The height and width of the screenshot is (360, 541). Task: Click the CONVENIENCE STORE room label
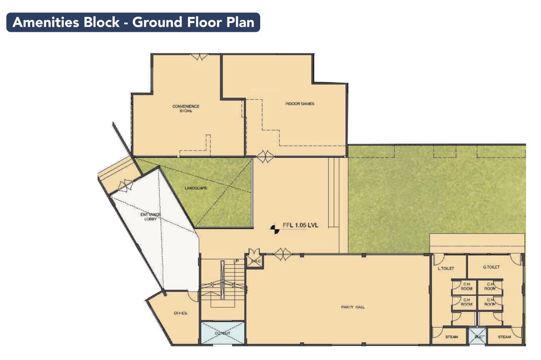182,109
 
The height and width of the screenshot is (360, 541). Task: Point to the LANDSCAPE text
196,188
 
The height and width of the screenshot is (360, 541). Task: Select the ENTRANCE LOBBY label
150,217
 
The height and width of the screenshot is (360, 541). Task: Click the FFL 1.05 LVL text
300,225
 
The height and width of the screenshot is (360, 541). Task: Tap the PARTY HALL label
353,307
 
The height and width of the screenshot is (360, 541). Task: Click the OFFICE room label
180,313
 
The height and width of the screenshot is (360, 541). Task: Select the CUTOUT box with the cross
223,333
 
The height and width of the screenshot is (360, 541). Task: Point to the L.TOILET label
445,268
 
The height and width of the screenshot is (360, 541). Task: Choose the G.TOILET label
491,267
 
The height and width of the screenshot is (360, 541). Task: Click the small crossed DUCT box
477,337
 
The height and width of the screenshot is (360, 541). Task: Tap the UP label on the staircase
236,261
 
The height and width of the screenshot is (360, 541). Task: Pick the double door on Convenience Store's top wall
198,56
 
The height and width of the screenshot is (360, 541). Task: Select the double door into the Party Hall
283,254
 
